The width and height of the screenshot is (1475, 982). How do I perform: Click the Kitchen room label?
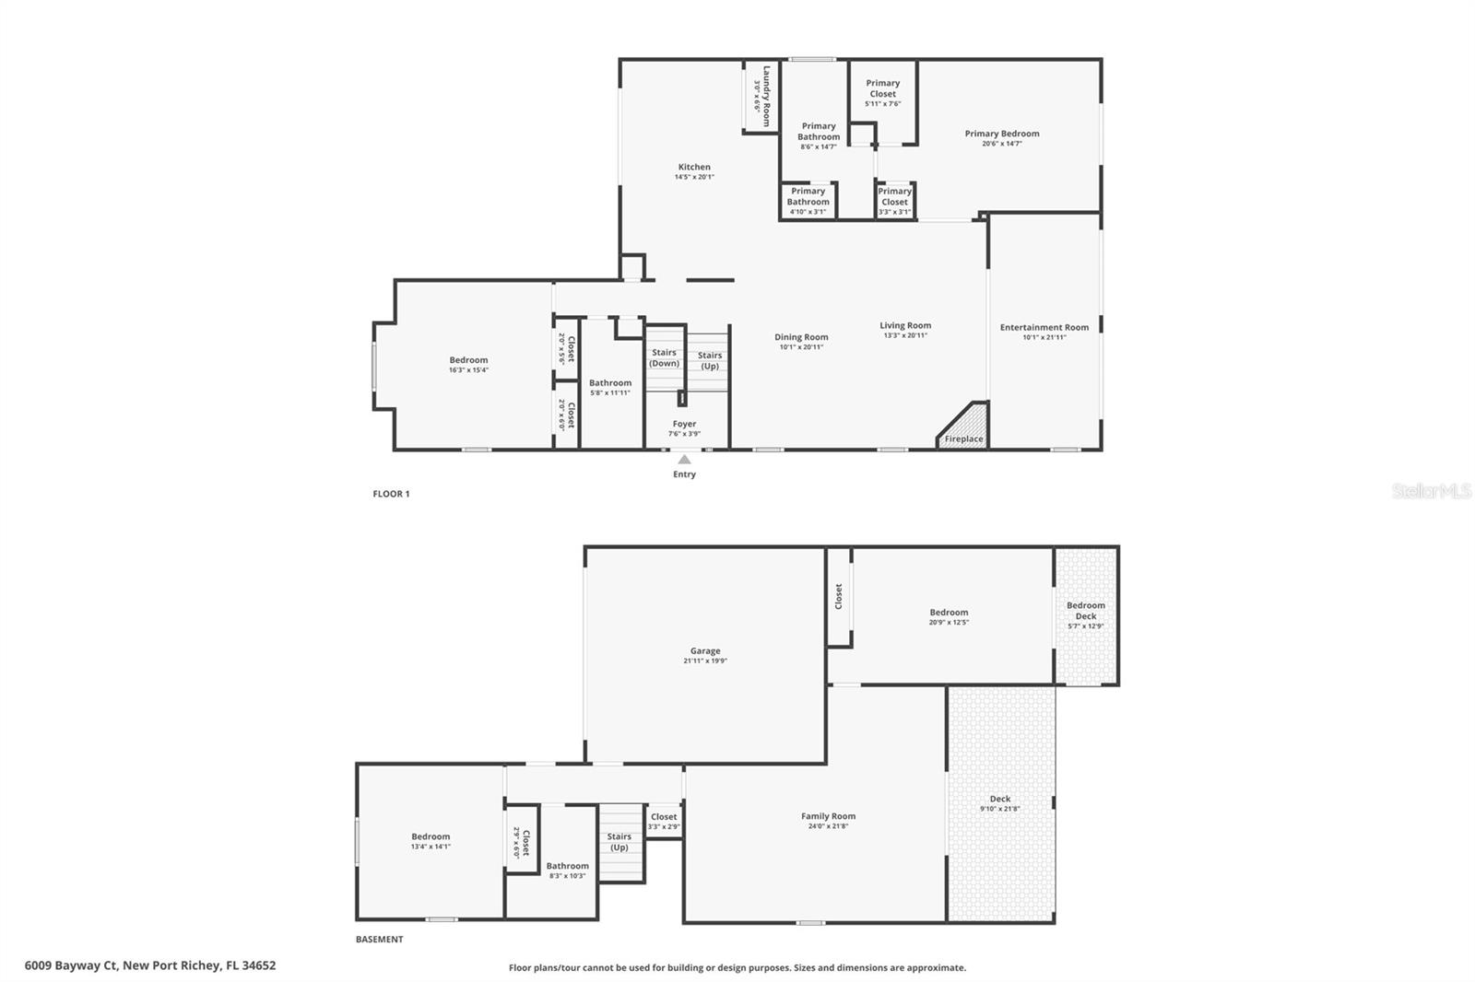tap(694, 168)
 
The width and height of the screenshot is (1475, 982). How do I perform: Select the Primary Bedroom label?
tap(1002, 134)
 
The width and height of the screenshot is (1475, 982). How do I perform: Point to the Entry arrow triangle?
tap(684, 459)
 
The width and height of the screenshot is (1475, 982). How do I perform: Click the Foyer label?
tap(684, 424)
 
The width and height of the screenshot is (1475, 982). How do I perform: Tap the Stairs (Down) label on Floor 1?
tap(664, 357)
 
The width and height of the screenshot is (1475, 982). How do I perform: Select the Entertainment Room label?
tap(1044, 327)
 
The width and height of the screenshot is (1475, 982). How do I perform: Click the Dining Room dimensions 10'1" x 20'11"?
tap(801, 347)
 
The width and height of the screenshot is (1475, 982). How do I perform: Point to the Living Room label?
tap(904, 325)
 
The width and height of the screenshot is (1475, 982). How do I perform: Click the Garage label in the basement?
tap(705, 650)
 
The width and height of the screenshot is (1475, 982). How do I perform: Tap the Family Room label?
tap(828, 816)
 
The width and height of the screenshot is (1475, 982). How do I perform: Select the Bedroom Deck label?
tap(1085, 611)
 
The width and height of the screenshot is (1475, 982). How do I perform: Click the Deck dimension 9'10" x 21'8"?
tap(1000, 809)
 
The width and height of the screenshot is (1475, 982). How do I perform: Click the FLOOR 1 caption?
tap(391, 494)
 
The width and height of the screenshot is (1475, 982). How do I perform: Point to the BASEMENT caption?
tap(379, 940)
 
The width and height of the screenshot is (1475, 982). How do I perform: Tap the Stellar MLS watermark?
tap(1431, 491)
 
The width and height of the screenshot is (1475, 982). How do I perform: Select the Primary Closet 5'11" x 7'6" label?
tap(882, 92)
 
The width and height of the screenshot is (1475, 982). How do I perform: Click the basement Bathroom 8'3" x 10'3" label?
tap(567, 871)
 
